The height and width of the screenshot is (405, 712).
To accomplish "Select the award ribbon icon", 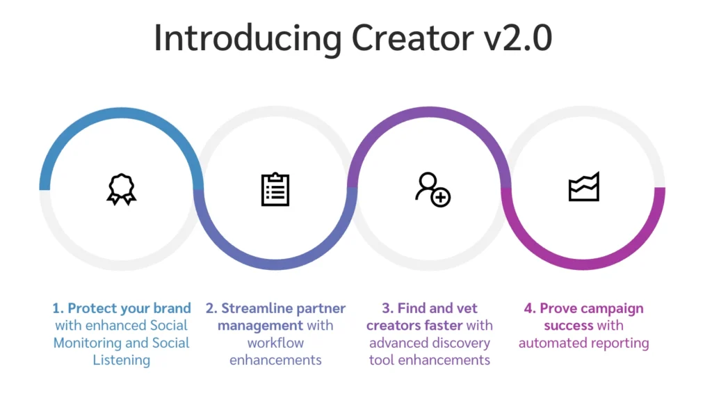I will (x=122, y=188).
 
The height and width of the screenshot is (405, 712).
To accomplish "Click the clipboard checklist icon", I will (x=275, y=189).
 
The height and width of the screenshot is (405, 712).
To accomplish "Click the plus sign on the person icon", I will (x=441, y=198).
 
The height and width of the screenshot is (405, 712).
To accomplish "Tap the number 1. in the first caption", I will (x=58, y=308).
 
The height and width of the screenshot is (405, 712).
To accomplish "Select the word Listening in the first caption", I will (x=122, y=360).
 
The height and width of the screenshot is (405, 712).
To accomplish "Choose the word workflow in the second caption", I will (x=275, y=342).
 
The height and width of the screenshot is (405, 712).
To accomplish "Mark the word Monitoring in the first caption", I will (x=88, y=342).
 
